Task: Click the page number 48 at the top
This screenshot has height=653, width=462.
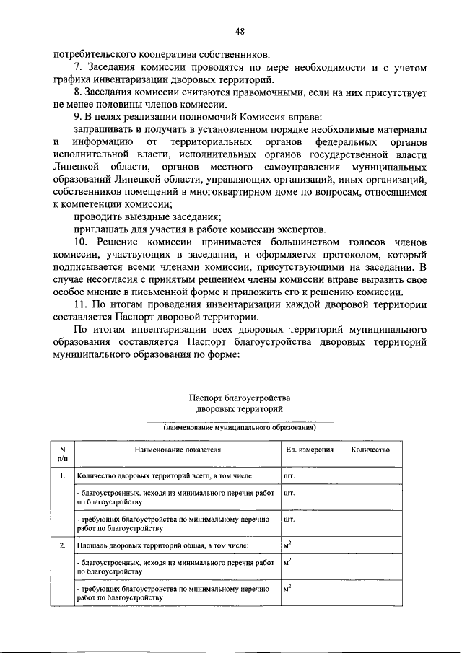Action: click(240, 31)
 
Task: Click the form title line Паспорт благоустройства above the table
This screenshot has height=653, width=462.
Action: click(239, 398)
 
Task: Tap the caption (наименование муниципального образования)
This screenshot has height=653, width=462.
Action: click(240, 427)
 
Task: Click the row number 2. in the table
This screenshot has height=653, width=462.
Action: click(63, 545)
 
